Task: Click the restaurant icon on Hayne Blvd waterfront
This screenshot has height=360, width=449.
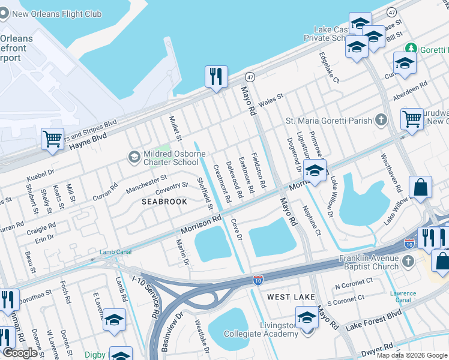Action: pos(216,77)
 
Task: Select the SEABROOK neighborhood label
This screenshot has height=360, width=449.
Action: pos(164,202)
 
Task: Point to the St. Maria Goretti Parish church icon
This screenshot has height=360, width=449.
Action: pos(380,120)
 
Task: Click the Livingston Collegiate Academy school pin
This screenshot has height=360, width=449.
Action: pos(307,318)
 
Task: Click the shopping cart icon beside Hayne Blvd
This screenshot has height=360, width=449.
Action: pos(53,140)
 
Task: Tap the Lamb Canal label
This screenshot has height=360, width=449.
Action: pos(115,252)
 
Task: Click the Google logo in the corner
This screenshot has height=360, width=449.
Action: pos(20,353)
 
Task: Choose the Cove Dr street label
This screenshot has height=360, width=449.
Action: pos(235,229)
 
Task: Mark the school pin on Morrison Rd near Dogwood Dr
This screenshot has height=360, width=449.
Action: pos(315,171)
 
